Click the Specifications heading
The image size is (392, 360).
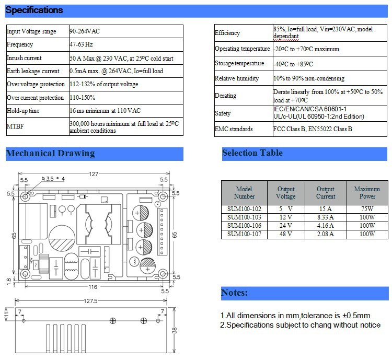[34, 10]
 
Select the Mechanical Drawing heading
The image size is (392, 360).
[50, 154]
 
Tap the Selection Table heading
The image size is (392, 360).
[252, 153]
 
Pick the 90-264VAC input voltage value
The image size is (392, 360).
[85, 31]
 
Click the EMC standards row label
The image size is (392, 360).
[234, 129]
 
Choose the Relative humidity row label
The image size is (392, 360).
[237, 78]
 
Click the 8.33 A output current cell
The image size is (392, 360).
[326, 216]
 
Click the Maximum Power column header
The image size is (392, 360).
[367, 193]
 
